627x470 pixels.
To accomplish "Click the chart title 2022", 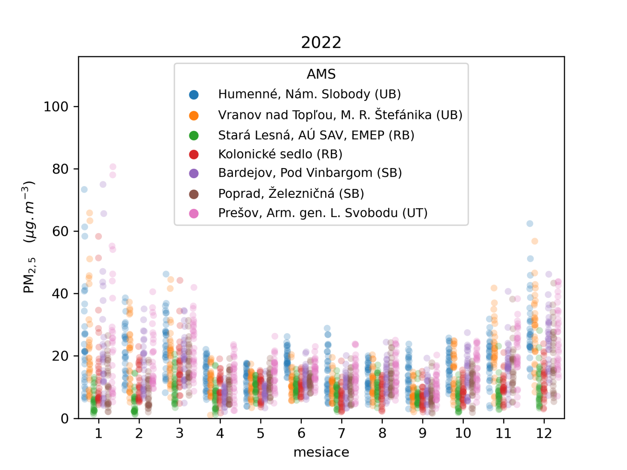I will pos(321,42).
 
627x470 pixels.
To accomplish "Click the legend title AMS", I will pos(321,74).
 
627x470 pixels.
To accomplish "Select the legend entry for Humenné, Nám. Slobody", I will pos(309,94).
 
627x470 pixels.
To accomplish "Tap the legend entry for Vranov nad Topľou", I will pos(340,115).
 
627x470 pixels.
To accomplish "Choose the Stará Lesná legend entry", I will pos(316,135).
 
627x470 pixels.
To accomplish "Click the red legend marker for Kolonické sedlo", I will pos(194,154).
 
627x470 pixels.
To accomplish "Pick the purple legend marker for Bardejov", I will pos(194,173).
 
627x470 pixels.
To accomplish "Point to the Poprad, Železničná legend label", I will pos(291,193).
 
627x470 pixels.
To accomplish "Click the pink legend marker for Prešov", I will pos(194,213).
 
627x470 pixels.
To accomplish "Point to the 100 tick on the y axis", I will pos(56,107).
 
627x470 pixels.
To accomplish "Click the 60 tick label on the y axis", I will pos(60,231).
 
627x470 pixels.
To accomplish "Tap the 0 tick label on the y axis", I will pos(65,419).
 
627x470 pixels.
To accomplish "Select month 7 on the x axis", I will pos(342,433).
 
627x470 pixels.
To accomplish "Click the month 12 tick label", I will pos(544,433).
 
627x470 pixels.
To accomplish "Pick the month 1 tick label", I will pos(98,433).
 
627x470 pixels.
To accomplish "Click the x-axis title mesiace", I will pos(321,452).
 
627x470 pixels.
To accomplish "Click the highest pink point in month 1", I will pos(113,167).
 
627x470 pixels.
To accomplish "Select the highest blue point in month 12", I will pos(530,224).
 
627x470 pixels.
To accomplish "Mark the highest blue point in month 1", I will pos(84,190).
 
